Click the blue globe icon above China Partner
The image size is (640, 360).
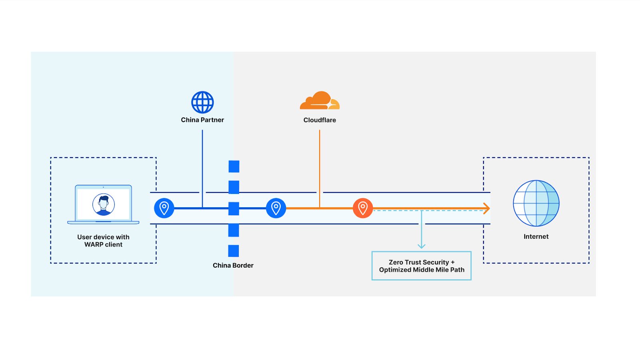click(x=202, y=102)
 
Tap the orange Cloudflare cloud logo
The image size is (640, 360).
click(x=319, y=101)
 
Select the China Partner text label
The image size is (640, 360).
click(x=202, y=120)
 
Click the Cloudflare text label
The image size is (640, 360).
click(x=320, y=120)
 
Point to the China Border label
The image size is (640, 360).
click(x=233, y=266)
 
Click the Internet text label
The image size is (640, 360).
click(x=536, y=237)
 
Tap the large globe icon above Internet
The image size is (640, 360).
click(x=536, y=203)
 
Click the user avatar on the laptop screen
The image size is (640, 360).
click(x=104, y=204)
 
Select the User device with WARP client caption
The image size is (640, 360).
click(x=103, y=241)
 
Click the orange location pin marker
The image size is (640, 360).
click(x=363, y=208)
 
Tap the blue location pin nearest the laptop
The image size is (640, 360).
click(x=164, y=208)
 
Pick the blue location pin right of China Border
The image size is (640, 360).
click(x=276, y=208)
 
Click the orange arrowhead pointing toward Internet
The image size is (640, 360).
click(x=487, y=208)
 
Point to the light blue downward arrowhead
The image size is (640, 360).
click(x=421, y=246)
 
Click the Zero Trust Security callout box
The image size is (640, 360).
click(x=421, y=266)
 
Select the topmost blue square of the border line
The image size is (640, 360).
click(x=234, y=166)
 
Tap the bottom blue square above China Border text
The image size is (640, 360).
click(x=234, y=251)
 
